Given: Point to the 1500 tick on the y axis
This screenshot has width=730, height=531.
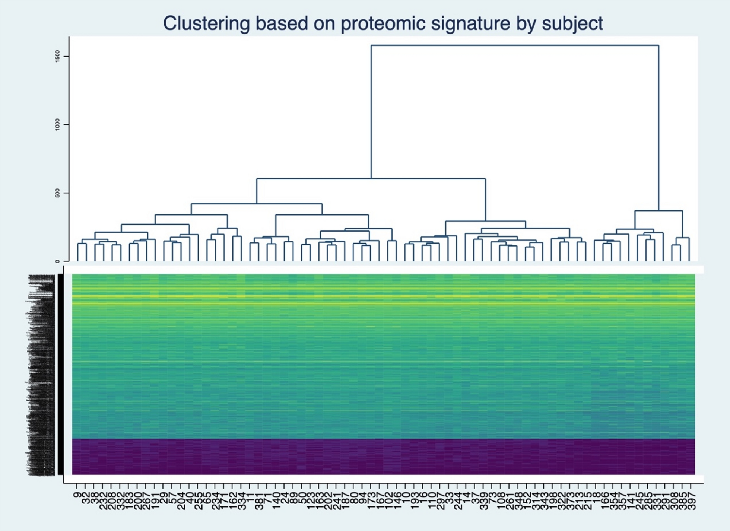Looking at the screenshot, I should click(x=57, y=56).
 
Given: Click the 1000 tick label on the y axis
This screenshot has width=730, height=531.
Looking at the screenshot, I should click(x=57, y=125).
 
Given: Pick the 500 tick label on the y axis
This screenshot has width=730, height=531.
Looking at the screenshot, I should click(x=57, y=193).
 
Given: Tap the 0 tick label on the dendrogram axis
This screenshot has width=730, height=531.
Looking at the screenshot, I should click(x=57, y=261).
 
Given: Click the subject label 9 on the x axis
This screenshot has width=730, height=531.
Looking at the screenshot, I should click(x=77, y=495).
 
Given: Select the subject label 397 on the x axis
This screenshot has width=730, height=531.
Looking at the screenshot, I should click(x=691, y=501).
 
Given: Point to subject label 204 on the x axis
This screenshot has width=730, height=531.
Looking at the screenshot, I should click(x=181, y=501).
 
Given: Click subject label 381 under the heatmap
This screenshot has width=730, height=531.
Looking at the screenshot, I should click(x=259, y=501).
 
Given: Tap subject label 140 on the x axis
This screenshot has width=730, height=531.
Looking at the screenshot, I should click(x=276, y=501).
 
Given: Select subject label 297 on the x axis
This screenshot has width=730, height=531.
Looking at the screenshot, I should click(x=441, y=501).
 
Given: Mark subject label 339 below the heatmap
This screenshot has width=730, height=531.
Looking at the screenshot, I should click(x=484, y=501).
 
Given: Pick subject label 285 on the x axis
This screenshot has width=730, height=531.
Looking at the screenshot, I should click(x=648, y=501).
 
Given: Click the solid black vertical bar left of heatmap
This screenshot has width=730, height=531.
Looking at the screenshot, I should click(x=60, y=374).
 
